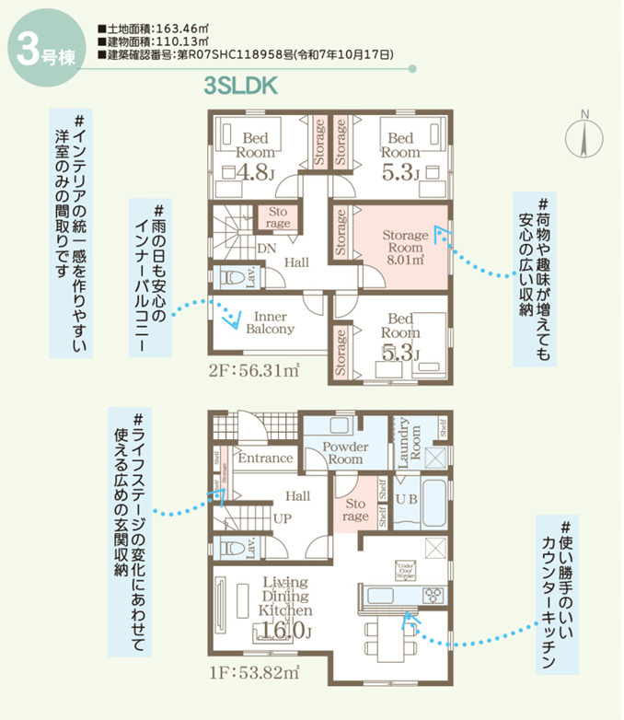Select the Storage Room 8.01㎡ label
(x=405, y=247)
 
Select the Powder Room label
(x=346, y=452)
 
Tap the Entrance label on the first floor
(x=265, y=458)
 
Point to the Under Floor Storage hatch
(x=405, y=571)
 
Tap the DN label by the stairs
(x=267, y=249)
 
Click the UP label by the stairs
(x=283, y=518)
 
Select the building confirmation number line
(x=249, y=55)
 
